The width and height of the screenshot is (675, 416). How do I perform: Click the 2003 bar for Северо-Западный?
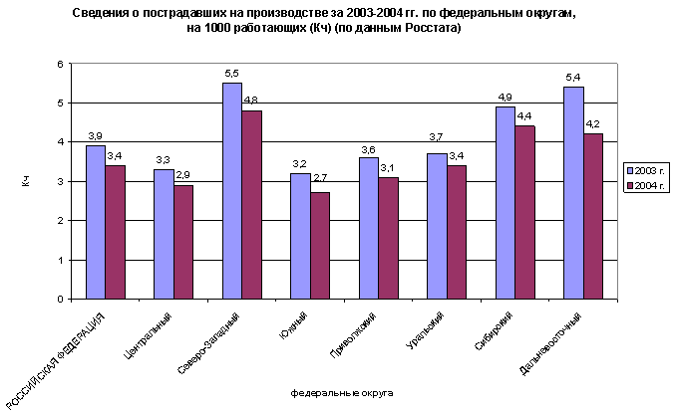pos(231,190)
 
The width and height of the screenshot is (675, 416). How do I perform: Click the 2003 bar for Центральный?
pos(164,234)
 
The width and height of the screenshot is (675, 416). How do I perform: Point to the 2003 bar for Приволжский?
pos(368,228)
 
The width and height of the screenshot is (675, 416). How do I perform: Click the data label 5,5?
pos(231,74)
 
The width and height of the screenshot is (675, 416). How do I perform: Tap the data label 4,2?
pos(592,124)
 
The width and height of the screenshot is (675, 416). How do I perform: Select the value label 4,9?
pos(505,98)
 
